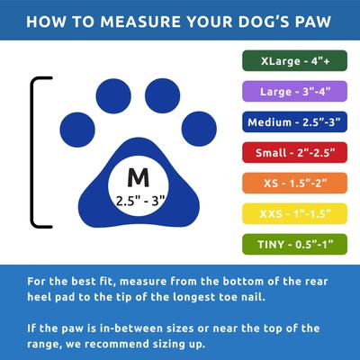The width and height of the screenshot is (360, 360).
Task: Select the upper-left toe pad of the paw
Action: (x=115, y=94)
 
